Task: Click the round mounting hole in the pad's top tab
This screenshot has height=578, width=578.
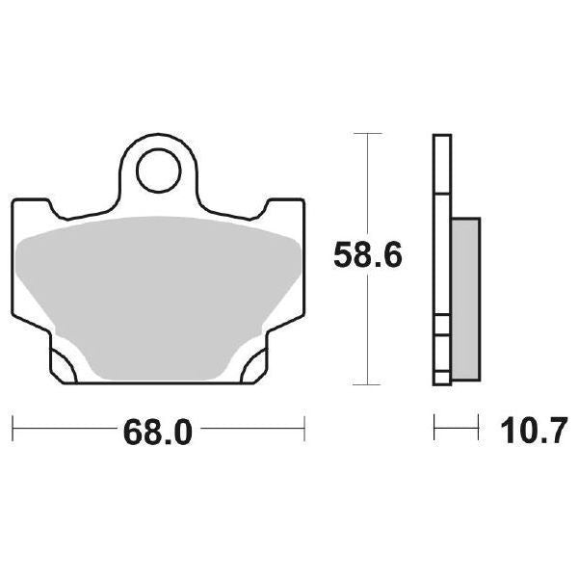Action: pos(159,173)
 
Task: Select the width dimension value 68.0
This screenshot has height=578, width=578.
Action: pos(158,432)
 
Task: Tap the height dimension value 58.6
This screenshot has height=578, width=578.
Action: pos(368,256)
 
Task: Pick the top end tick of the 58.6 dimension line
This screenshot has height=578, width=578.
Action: pos(367,133)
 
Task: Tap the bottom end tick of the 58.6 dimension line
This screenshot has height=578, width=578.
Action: pos(367,384)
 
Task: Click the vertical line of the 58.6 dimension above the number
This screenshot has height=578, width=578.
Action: pos(367,183)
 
